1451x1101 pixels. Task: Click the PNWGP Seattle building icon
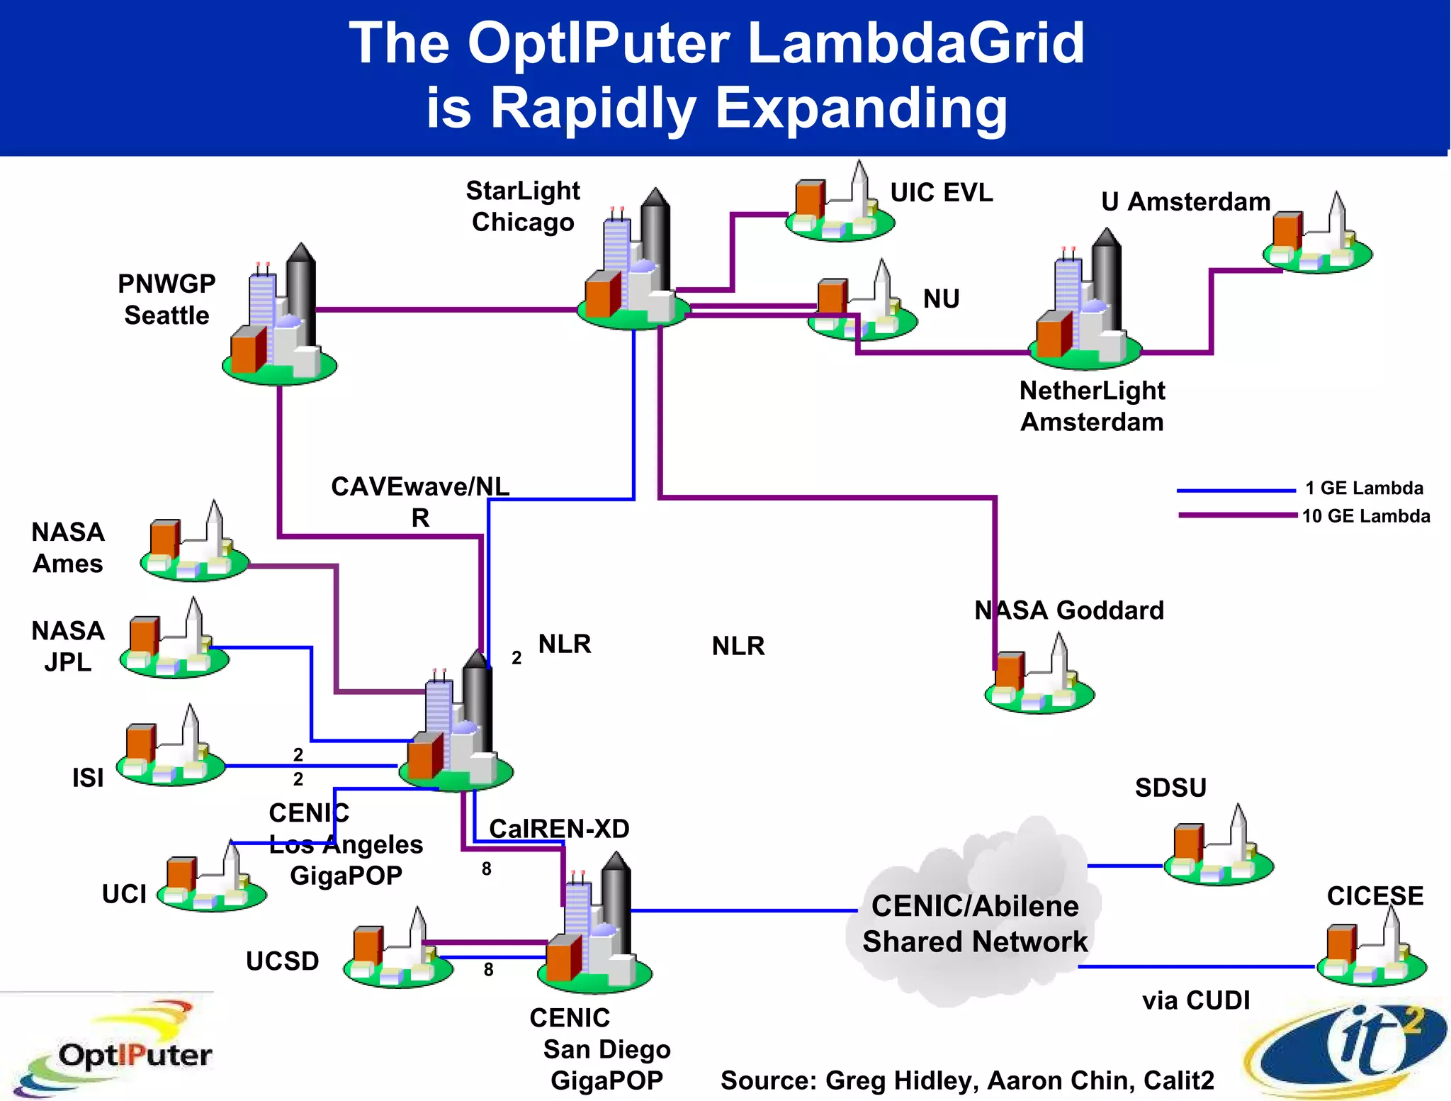pos(279,319)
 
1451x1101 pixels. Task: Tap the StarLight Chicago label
pos(523,206)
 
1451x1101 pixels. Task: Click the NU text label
pos(941,299)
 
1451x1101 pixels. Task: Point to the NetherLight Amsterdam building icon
pos(1084,305)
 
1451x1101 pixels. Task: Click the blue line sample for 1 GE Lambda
pos(1236,490)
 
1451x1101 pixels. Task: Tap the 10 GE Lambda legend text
pos(1365,516)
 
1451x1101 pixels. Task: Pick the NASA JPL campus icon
pos(174,642)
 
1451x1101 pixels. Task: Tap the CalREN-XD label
pos(559,829)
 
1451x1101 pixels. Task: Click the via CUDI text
pos(1196,1000)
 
